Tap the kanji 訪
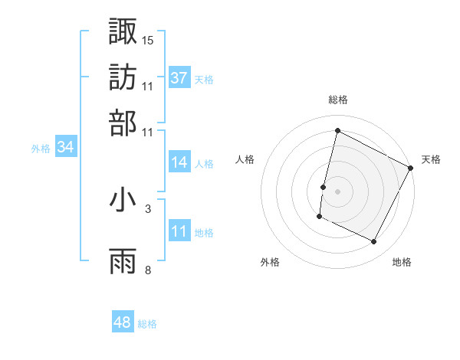123,76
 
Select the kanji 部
123,123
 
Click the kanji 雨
123,261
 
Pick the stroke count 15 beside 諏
148,39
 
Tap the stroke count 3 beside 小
148,208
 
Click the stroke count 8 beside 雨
148,270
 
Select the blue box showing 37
179,77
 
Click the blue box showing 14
179,162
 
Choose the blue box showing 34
65,147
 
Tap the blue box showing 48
123,322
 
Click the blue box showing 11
179,231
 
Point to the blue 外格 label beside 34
41,149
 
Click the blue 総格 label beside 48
147,324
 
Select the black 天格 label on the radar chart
431,159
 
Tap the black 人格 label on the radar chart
245,159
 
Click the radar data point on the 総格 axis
337,131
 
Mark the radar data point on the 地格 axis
374,242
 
